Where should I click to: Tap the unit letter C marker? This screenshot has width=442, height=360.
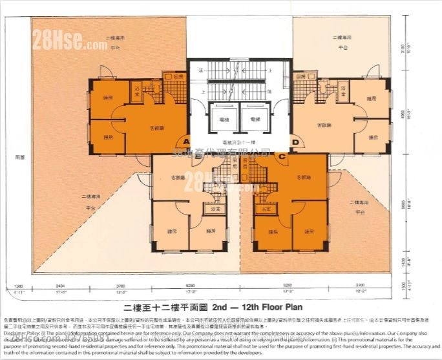click(281, 155)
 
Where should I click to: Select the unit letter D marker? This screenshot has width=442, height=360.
click(295, 142)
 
